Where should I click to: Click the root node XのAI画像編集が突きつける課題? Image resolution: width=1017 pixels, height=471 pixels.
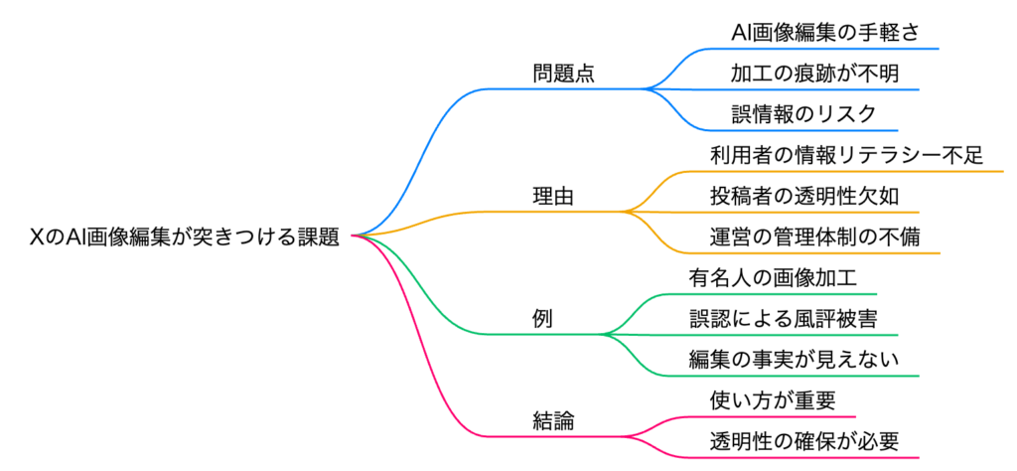pyautogui.click(x=185, y=236)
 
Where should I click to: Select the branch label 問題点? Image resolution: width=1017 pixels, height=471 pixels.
pyautogui.click(x=563, y=75)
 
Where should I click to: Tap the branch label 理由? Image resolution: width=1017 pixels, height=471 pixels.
pyautogui.click(x=553, y=197)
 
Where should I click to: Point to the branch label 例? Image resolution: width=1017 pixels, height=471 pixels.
pyautogui.click(x=542, y=320)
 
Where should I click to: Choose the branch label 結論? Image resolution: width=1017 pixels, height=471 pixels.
pyautogui.click(x=553, y=420)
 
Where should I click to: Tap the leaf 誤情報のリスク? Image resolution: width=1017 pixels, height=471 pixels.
pyautogui.click(x=802, y=114)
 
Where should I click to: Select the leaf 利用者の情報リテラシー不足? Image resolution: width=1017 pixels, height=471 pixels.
pyautogui.click(x=846, y=155)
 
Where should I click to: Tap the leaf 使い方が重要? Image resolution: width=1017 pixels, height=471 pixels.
pyautogui.click(x=772, y=400)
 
